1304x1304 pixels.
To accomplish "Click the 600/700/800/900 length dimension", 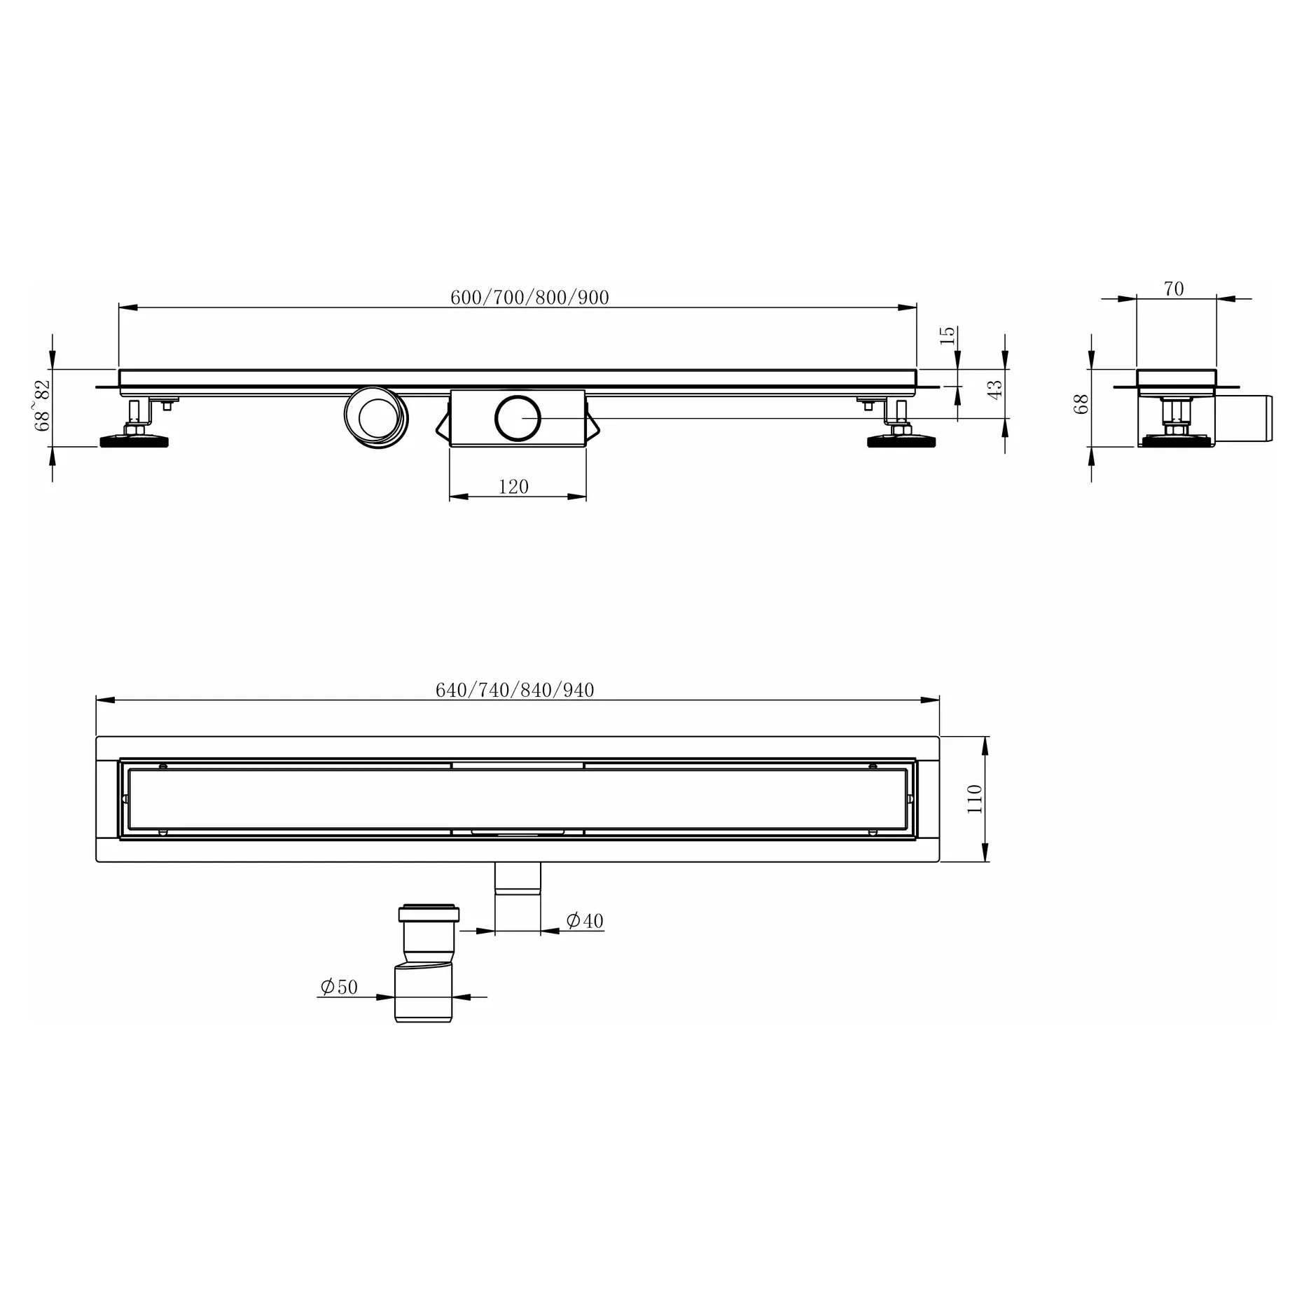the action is click(529, 298).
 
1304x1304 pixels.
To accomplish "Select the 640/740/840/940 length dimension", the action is click(515, 691).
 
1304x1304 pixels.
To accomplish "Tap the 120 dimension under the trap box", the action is click(513, 487).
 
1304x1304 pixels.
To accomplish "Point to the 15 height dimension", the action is click(947, 335).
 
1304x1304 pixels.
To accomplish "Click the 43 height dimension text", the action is click(994, 389).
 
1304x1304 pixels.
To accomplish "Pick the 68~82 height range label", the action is click(43, 405).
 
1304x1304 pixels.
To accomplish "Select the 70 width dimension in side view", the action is click(1174, 289).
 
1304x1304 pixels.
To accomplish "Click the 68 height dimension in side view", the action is click(1082, 404).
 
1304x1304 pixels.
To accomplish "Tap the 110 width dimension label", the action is click(974, 798).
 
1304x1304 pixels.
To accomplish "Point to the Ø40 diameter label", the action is click(585, 920).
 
